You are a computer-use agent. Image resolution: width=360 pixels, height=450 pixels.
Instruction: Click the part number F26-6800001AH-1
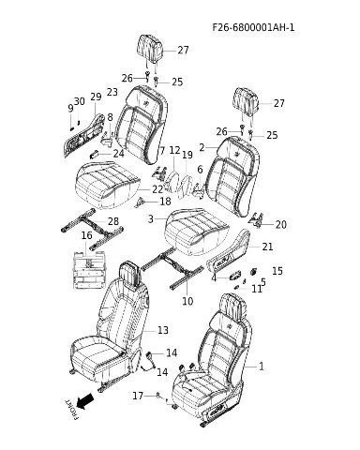[x=253, y=27]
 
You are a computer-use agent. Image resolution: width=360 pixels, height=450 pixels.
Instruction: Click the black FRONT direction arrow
[x=85, y=401]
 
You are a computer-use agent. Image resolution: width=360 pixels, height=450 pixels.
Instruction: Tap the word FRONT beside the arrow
[x=71, y=409]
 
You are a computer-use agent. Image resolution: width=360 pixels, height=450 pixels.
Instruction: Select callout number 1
[x=262, y=367]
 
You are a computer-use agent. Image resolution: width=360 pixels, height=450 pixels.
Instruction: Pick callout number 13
[x=163, y=330]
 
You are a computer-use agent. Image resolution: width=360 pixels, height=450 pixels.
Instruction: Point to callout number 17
[x=138, y=396]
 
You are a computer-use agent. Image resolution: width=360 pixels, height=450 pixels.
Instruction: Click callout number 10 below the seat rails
[x=187, y=301]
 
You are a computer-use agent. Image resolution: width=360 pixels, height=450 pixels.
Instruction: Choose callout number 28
[x=113, y=221]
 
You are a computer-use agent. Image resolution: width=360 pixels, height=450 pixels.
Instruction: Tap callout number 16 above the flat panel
[x=86, y=235]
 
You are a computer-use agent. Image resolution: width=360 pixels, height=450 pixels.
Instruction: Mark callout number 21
[x=267, y=247]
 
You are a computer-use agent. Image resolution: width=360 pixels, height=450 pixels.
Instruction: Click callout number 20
[x=280, y=224]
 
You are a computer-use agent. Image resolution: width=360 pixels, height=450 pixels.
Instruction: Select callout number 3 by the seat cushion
[x=151, y=219]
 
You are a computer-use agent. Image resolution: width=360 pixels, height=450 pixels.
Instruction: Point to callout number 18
[x=165, y=202]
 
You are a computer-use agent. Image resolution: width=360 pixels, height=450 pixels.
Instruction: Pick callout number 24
[x=118, y=154]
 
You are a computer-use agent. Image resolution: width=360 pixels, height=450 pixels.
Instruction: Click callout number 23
[x=112, y=92]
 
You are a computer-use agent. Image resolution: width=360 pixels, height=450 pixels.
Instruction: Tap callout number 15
[x=277, y=271]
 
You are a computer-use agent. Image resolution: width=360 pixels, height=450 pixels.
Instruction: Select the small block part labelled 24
[x=95, y=154]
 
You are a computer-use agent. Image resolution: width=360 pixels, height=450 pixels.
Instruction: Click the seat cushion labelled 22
[x=107, y=185]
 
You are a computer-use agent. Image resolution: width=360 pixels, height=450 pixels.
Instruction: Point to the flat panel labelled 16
[x=89, y=269]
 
